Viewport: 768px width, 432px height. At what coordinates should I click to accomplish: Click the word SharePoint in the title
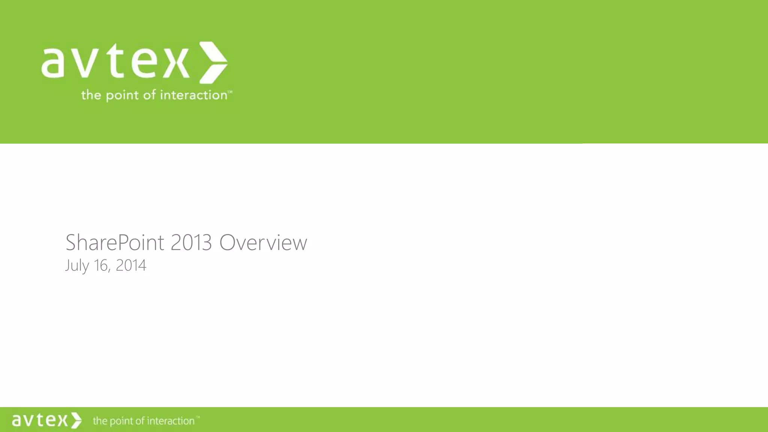pyautogui.click(x=115, y=243)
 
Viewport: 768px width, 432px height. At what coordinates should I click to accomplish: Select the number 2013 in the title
pyautogui.click(x=191, y=243)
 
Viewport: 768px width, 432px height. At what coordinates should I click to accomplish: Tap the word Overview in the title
pyautogui.click(x=263, y=243)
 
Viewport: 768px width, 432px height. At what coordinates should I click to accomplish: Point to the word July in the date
pyautogui.click(x=77, y=265)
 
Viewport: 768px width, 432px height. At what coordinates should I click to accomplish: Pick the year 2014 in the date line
pyautogui.click(x=131, y=265)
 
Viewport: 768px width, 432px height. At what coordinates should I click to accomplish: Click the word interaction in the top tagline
pyautogui.click(x=193, y=95)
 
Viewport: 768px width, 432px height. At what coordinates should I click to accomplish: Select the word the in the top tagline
pyautogui.click(x=91, y=95)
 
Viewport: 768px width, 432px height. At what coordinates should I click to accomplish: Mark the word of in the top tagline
pyautogui.click(x=149, y=95)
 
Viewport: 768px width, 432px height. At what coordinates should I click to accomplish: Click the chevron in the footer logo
pyautogui.click(x=76, y=420)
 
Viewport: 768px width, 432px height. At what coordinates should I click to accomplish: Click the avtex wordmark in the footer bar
pyautogui.click(x=40, y=420)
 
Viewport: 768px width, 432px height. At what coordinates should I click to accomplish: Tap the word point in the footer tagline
pyautogui.click(x=121, y=421)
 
